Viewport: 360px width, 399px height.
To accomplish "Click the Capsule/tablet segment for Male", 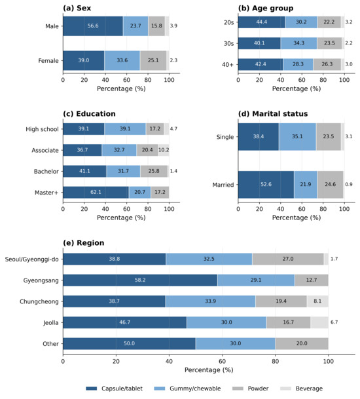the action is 93,26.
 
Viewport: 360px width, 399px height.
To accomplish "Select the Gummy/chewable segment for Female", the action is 122,60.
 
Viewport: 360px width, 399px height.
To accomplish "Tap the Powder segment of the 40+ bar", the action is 327,64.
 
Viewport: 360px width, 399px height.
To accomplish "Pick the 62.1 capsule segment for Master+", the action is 96,193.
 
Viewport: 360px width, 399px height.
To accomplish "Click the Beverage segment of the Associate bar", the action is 164,150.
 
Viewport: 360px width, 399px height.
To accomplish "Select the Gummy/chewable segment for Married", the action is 306,185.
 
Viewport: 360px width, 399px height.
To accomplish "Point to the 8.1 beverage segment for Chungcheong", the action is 317,301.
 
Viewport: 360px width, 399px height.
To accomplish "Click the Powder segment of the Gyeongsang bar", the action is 312,280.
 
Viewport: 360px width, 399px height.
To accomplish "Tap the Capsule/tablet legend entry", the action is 114,389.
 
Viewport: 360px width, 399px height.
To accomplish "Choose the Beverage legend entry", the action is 301,389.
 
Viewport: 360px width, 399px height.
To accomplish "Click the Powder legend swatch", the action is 238,389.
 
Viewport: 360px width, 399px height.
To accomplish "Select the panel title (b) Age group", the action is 266,8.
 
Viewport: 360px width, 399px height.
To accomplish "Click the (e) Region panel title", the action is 84,243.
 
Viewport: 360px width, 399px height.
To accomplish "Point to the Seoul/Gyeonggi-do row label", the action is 32,259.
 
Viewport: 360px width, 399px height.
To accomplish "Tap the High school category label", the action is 42,129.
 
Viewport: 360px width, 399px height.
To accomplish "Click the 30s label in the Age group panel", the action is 229,43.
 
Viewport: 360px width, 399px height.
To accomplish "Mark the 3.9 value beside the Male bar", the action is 173,26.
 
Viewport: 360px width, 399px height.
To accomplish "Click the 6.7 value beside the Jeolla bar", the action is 334,322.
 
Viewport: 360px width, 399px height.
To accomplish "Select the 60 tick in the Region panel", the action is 222,362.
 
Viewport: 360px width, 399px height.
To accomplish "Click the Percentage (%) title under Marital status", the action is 297,218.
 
